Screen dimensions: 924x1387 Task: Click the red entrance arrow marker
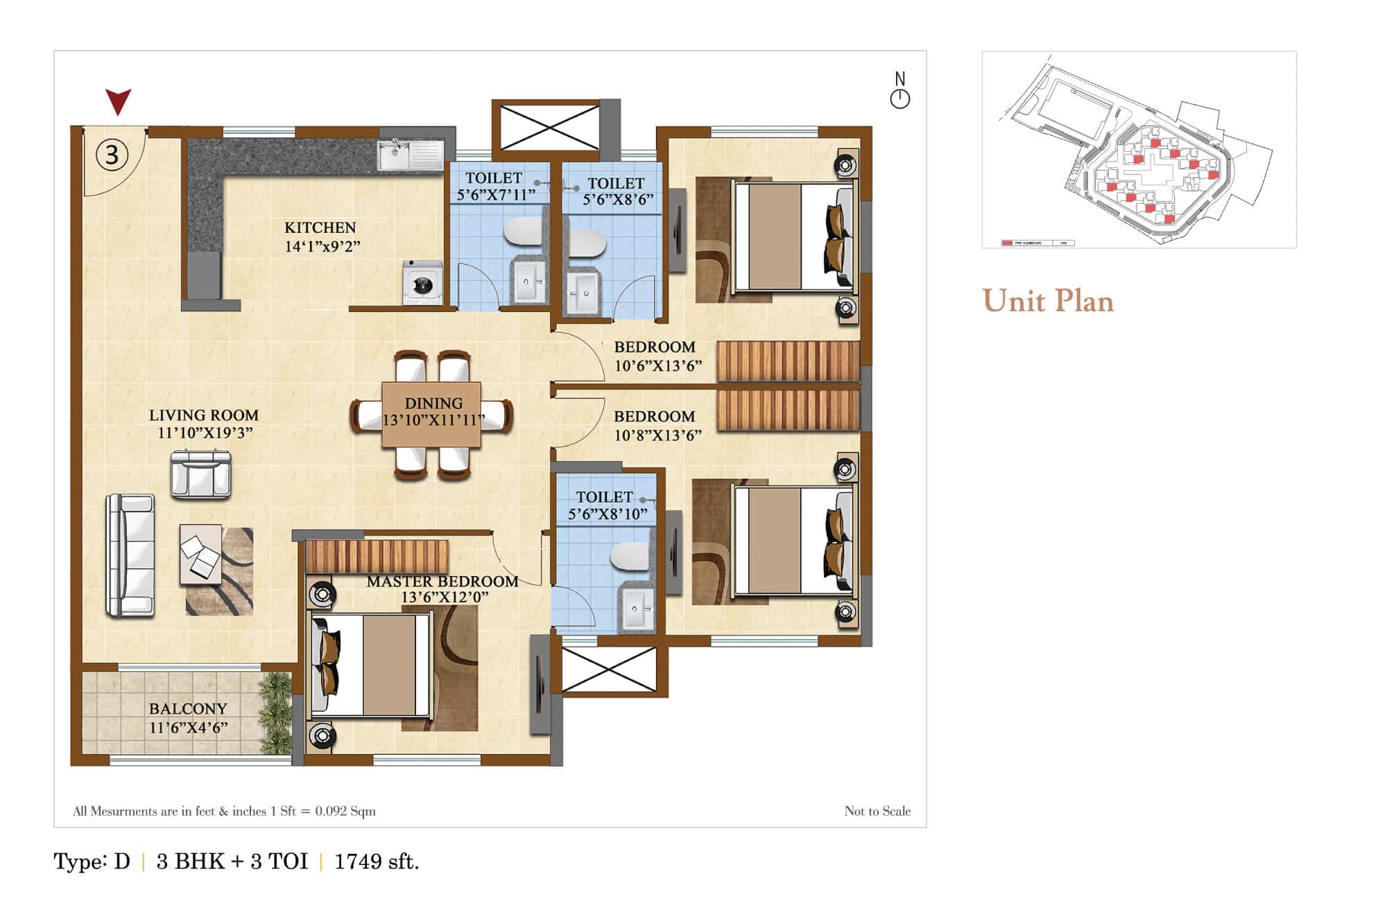(118, 101)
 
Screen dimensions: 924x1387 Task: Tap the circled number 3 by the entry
(112, 154)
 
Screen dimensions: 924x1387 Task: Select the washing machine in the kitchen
(422, 282)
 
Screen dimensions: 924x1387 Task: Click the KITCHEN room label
(320, 227)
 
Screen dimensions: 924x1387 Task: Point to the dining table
(431, 414)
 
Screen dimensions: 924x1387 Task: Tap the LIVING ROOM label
(203, 415)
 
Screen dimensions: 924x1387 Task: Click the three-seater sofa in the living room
(130, 555)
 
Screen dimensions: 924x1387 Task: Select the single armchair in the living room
(200, 474)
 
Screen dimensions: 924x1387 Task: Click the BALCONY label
(188, 708)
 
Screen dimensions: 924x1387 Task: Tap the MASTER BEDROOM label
(442, 582)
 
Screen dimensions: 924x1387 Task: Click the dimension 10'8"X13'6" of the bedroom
(657, 435)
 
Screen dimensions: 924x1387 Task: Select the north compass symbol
(899, 98)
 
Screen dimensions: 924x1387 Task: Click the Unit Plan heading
(1048, 301)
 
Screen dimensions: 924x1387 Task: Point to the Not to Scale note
(877, 811)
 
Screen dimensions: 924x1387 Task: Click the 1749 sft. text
(377, 862)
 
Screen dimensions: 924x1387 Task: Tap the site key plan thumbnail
(1139, 149)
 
